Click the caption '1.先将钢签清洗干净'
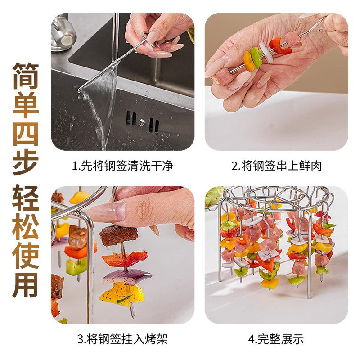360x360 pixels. coord(122,166)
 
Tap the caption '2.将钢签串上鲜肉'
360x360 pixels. coord(276,166)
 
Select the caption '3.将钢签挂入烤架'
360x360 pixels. coord(122,339)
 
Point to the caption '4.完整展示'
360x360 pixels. coord(276,339)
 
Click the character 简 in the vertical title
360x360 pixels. coord(25,75)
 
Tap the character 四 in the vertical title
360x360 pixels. coord(25,132)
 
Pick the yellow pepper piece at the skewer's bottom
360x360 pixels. coord(121,293)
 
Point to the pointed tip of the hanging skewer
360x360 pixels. coord(132,315)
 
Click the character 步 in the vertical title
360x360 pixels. coord(25,161)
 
